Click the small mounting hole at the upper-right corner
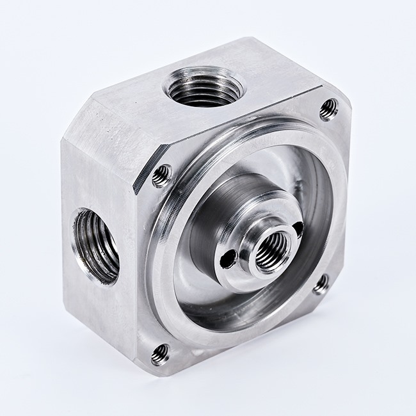(328, 109)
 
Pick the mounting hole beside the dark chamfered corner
(162, 175)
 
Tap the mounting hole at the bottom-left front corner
(160, 353)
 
